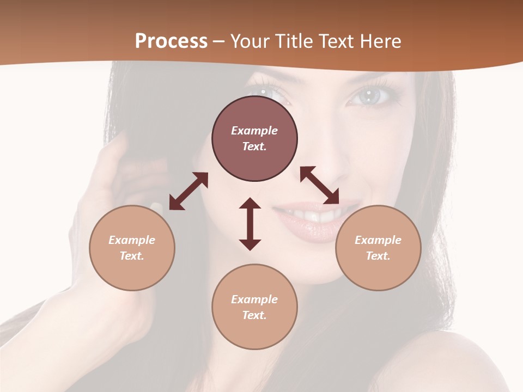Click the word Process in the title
(x=171, y=41)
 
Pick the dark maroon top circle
(x=254, y=139)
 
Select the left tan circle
(x=132, y=248)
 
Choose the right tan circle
(x=378, y=248)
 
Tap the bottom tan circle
(x=254, y=307)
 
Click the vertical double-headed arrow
(x=250, y=224)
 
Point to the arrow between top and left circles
(x=188, y=191)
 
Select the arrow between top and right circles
(x=319, y=185)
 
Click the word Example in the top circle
(x=254, y=131)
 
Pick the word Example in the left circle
(x=132, y=240)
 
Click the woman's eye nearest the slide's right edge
(x=370, y=97)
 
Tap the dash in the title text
(x=219, y=41)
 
